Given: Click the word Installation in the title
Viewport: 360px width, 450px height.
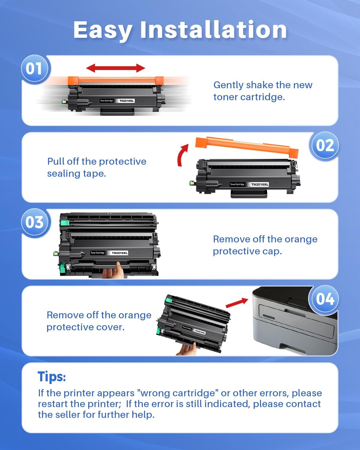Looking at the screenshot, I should click(x=213, y=30).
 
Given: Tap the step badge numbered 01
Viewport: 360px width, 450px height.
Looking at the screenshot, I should click(x=34, y=69).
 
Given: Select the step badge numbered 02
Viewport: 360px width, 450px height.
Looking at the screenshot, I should click(x=325, y=146).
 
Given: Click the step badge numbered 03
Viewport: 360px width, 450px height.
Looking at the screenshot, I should click(x=34, y=223).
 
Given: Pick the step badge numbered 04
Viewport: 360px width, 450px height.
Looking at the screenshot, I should click(x=325, y=299).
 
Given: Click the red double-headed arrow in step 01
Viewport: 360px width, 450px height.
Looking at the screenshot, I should click(x=115, y=68).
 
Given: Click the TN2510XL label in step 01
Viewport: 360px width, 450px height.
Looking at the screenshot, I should click(x=127, y=101).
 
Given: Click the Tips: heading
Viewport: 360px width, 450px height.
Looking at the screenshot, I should click(x=52, y=376).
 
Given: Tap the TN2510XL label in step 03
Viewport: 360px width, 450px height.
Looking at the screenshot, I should click(x=119, y=253).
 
